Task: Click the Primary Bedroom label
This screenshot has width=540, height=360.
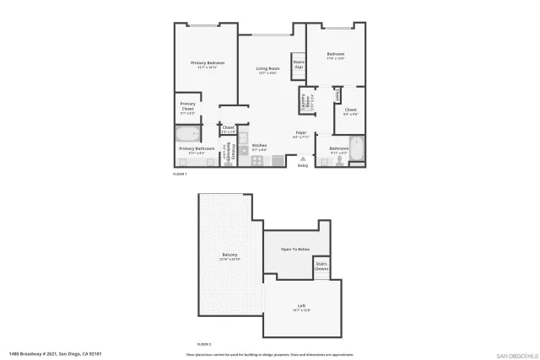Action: tap(207, 63)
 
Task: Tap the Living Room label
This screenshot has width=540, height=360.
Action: tap(267, 69)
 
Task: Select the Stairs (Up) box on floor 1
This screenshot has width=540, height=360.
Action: tap(299, 64)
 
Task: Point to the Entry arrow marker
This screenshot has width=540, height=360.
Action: tap(303, 158)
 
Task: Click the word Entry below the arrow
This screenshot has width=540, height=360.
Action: tap(303, 165)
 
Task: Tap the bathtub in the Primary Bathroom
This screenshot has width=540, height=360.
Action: tap(188, 134)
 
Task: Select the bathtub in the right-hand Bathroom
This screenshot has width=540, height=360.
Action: tap(357, 149)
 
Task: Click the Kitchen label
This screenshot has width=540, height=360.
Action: tap(259, 146)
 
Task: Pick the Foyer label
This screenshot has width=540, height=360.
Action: tap(300, 133)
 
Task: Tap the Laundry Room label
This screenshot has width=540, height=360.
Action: tap(303, 101)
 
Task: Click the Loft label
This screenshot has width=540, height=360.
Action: tap(301, 306)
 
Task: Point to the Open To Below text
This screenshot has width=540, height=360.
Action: tap(295, 250)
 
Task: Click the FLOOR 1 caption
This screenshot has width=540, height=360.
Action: tap(180, 173)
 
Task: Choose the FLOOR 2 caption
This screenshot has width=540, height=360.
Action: tap(204, 344)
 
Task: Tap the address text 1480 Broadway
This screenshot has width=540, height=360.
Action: tap(50, 354)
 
